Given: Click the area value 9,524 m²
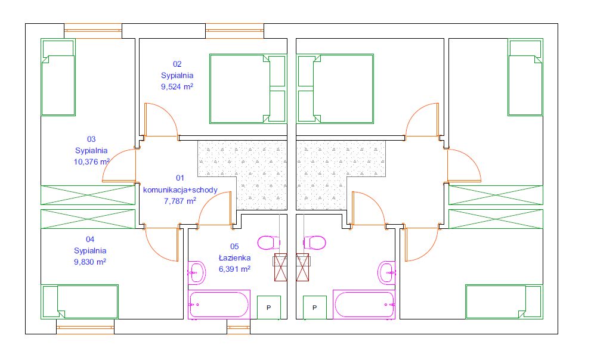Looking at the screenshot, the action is click(x=177, y=86).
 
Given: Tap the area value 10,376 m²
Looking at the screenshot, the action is click(x=92, y=162).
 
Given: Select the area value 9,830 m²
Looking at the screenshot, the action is click(x=90, y=262).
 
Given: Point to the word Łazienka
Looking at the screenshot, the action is click(x=234, y=258).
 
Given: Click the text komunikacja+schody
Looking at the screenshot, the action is click(x=180, y=190).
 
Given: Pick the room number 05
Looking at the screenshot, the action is click(x=234, y=246).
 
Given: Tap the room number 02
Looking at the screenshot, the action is click(x=177, y=64).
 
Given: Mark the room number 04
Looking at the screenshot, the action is click(x=90, y=239).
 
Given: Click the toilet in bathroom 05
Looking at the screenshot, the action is click(x=269, y=243).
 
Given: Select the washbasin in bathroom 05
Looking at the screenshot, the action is click(x=197, y=272).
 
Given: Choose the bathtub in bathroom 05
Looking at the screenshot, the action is click(x=219, y=304).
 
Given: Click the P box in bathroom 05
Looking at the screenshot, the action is click(x=269, y=308).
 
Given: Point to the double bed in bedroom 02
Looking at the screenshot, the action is click(x=248, y=89).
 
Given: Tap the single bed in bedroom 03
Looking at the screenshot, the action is click(x=58, y=77).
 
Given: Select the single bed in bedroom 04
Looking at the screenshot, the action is click(x=79, y=302).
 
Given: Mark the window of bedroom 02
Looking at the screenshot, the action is click(x=234, y=31).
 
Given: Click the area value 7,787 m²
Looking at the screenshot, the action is click(x=180, y=201).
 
